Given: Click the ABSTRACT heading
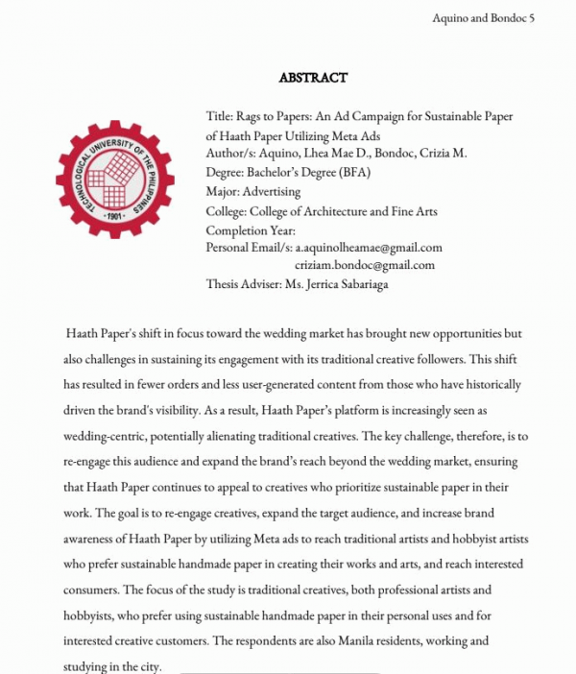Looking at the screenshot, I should pyautogui.click(x=313, y=78).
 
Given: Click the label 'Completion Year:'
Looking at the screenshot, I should pyautogui.click(x=251, y=230).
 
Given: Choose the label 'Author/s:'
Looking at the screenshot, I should pyautogui.click(x=231, y=153).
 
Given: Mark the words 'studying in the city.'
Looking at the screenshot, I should pyautogui.click(x=112, y=665).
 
